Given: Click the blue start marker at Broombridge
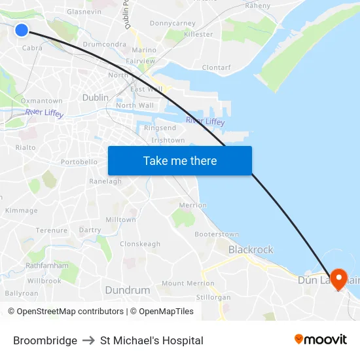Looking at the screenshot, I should pyautogui.click(x=22, y=30).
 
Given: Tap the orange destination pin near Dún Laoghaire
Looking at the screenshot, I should pyautogui.click(x=338, y=279).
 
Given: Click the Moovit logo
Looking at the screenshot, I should pyautogui.click(x=320, y=340).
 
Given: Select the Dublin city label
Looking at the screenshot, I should pyautogui.click(x=96, y=98).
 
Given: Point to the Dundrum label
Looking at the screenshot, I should pyautogui.click(x=127, y=289).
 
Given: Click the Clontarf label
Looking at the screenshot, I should pyautogui.click(x=216, y=67).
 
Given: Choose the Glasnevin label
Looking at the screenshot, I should pyautogui.click(x=84, y=12).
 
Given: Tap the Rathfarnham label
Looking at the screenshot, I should pyautogui.click(x=47, y=266).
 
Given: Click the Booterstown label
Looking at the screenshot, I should pyautogui.click(x=217, y=234).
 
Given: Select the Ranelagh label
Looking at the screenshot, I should pyautogui.click(x=105, y=181).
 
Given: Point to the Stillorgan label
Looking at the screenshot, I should pyautogui.click(x=214, y=297).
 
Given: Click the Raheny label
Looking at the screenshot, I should pyautogui.click(x=257, y=5).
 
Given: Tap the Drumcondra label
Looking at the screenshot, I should pyautogui.click(x=105, y=45).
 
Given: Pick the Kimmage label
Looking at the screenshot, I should pyautogui.click(x=22, y=211).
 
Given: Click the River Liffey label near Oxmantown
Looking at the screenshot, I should pyautogui.click(x=45, y=113).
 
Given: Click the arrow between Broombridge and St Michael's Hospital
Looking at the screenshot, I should pyautogui.click(x=88, y=340).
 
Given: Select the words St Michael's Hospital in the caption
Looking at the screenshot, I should pyautogui.click(x=152, y=340).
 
